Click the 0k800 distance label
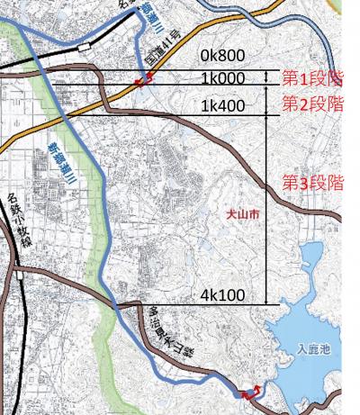(x=221, y=56)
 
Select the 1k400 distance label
(x=221, y=106)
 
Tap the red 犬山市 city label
(x=242, y=216)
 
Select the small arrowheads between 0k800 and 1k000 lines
(x=268, y=77)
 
